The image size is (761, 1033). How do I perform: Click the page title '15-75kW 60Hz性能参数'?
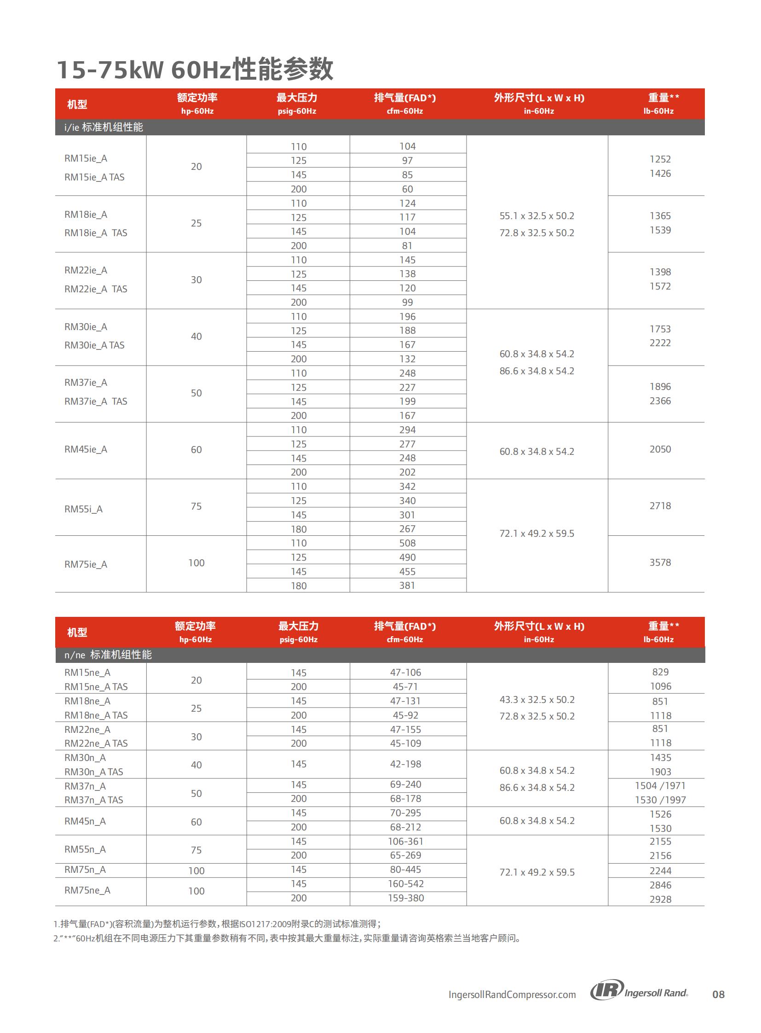click(195, 70)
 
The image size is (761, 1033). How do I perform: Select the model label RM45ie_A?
click(86, 449)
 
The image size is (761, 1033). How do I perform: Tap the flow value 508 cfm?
click(407, 544)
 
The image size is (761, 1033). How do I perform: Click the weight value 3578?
click(660, 563)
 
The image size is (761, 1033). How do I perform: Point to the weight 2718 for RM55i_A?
click(660, 505)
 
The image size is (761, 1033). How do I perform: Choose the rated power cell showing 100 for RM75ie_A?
click(196, 563)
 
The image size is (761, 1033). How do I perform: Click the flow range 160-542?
click(405, 884)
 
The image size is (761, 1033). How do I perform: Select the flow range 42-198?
click(405, 764)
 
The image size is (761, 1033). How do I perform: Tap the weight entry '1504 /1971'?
click(660, 785)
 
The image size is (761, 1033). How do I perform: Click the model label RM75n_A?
click(85, 870)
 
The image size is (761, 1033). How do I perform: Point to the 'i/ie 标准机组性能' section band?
click(104, 127)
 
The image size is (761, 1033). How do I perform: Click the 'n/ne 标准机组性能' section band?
click(108, 655)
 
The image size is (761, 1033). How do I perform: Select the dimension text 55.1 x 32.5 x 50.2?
click(536, 216)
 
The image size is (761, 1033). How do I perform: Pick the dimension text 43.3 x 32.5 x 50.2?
click(537, 699)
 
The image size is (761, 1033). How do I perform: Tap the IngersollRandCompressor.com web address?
click(512, 994)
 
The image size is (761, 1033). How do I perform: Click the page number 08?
click(718, 994)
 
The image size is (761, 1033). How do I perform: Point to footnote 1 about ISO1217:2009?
click(217, 924)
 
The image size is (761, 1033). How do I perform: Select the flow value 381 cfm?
click(407, 586)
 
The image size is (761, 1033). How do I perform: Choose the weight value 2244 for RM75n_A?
click(660, 871)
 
